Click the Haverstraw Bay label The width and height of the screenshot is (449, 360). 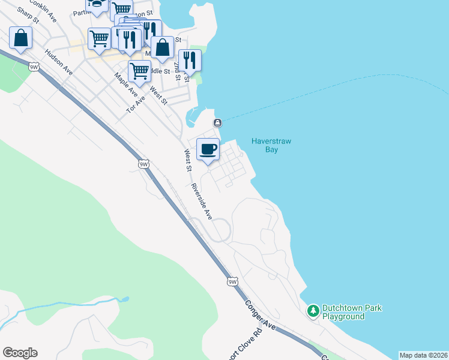coord(271,145)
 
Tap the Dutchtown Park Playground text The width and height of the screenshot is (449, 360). coord(352,312)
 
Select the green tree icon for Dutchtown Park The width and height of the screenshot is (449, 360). coord(313,311)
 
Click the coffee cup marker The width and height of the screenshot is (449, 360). coord(208,149)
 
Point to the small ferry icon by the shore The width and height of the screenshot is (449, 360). coord(217,123)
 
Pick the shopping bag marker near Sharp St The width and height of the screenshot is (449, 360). coord(21,38)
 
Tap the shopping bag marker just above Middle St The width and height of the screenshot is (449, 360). coord(162,47)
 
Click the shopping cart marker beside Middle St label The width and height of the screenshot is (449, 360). coord(139,71)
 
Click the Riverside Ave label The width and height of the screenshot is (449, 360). coord(202,201)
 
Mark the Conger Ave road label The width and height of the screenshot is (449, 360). coord(260,313)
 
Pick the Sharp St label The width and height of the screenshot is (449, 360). coord(28,14)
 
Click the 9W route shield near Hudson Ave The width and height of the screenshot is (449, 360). coord(34,68)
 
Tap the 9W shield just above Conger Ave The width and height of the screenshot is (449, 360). coord(233,281)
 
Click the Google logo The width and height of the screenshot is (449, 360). coord(20,352)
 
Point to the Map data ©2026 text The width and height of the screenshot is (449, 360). coord(423,355)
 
